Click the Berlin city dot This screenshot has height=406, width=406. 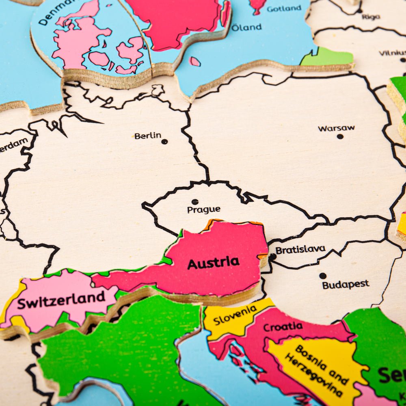click(164, 142)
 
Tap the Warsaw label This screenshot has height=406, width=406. click(336, 128)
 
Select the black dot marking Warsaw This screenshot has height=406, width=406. click(340, 136)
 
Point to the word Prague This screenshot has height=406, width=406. click(203, 210)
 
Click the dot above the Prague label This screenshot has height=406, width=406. click(195, 202)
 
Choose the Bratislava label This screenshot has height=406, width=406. click(300, 249)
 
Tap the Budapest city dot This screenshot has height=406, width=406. click(322, 276)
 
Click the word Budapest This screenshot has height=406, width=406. click(346, 284)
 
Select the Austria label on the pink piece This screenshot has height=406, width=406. click(213, 263)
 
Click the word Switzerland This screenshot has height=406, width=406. click(61, 300)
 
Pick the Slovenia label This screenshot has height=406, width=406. click(235, 315)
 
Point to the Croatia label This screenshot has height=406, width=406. click(283, 326)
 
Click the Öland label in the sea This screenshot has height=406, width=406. click(246, 28)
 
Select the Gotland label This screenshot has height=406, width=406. click(284, 8)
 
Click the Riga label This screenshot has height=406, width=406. click(371, 17)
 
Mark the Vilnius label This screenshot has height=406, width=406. click(392, 53)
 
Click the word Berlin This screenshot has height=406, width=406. click(148, 136)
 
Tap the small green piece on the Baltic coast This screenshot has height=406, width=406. click(327, 58)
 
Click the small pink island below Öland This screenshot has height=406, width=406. click(194, 61)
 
